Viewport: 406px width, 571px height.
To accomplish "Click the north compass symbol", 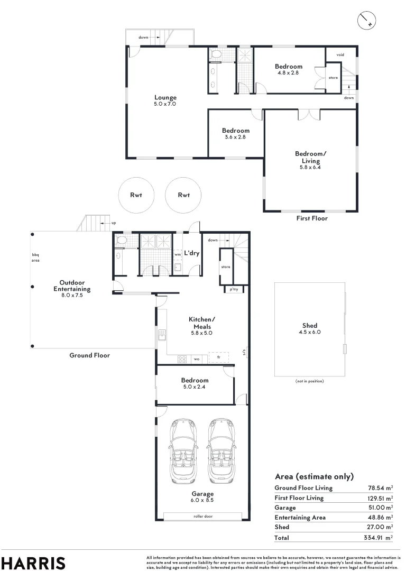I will [x=366, y=20].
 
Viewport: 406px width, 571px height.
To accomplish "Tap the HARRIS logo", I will [x=33, y=563].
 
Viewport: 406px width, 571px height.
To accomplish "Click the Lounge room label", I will [x=165, y=97].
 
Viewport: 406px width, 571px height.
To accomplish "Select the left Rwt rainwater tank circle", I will [x=136, y=195].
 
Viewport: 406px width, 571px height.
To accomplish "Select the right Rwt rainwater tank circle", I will [x=183, y=195].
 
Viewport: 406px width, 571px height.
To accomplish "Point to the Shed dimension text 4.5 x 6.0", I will [x=310, y=333].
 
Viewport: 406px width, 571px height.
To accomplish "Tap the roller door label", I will [x=202, y=516].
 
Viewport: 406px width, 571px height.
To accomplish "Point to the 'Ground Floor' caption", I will [x=90, y=355].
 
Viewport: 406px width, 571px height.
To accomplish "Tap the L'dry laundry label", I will [x=191, y=253].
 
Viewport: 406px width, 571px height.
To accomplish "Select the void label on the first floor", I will [x=340, y=54].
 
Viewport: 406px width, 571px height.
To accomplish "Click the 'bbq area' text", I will [x=36, y=257].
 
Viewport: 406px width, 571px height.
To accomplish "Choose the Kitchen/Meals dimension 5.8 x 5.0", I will [x=200, y=333].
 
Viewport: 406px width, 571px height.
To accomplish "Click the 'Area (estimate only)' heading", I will [x=314, y=476].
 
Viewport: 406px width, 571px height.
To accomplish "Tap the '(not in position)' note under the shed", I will [x=309, y=381].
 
